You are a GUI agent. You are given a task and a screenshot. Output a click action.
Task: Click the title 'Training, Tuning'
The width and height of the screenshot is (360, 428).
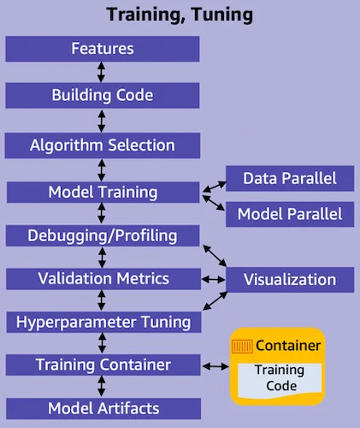tap(180, 15)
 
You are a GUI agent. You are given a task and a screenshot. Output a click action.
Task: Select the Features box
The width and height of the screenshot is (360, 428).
tap(103, 49)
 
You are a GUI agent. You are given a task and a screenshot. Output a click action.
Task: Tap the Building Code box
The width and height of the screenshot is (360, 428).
tap(103, 94)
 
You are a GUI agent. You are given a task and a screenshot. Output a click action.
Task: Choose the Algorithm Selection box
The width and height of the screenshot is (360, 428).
tap(103, 144)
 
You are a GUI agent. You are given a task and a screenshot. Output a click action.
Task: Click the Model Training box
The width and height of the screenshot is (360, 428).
tap(103, 192)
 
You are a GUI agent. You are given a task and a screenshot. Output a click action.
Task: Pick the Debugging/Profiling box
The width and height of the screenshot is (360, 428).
tap(103, 235)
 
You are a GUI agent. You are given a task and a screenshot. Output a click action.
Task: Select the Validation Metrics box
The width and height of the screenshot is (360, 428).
tap(103, 278)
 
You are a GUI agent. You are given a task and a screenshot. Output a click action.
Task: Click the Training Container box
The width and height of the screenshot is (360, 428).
tap(103, 366)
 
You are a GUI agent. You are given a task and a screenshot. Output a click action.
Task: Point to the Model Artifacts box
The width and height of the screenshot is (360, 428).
tap(103, 407)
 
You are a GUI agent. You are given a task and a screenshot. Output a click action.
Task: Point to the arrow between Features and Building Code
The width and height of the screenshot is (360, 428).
tap(103, 72)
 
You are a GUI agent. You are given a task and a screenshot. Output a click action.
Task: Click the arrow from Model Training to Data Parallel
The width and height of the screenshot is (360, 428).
tap(213, 184)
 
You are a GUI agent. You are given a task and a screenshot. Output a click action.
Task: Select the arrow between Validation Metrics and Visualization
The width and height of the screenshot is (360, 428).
tap(212, 279)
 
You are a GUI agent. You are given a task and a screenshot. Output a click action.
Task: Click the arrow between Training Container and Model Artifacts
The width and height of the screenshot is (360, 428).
tap(103, 387)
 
